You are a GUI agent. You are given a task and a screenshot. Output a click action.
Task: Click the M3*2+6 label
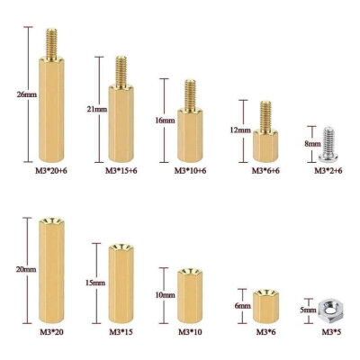coord(328,169)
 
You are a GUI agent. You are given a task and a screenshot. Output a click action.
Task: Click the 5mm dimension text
coord(307,310)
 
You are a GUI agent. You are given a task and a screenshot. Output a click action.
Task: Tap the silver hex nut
coord(328,310)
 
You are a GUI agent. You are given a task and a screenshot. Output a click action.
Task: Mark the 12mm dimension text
coord(239,130)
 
